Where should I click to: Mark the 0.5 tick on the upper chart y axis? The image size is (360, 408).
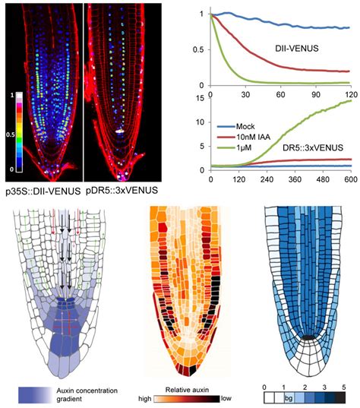[200, 50]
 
